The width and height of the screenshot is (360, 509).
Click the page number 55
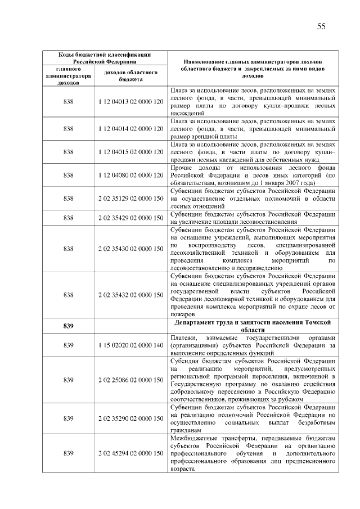(x=321, y=26)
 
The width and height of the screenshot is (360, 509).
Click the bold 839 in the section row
(x=69, y=326)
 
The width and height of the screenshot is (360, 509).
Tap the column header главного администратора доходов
(x=69, y=76)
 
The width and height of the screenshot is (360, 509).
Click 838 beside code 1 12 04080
(x=69, y=175)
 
